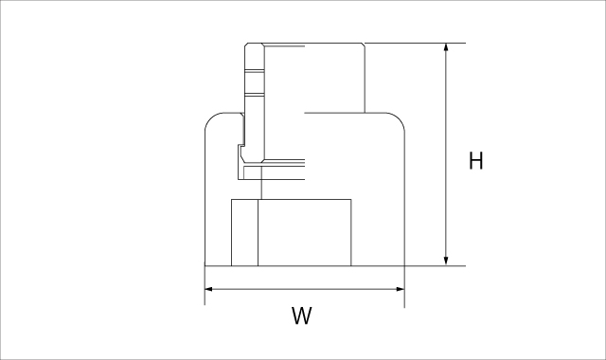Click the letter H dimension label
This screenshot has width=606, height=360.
tap(476, 161)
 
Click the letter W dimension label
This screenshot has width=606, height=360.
tap(301, 316)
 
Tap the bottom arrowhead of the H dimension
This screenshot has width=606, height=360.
tap(446, 261)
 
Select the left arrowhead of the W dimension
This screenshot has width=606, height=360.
tap(210, 290)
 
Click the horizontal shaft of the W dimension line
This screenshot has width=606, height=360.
tap(304, 290)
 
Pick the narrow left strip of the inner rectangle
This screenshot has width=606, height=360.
tap(244, 232)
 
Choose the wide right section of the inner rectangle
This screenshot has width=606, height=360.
tap(304, 232)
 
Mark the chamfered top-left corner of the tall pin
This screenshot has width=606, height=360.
tap(247, 45)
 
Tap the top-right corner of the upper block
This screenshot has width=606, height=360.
tap(364, 45)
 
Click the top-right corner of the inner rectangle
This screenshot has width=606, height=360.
tap(351, 199)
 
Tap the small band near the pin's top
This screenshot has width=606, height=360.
tap(254, 75)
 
